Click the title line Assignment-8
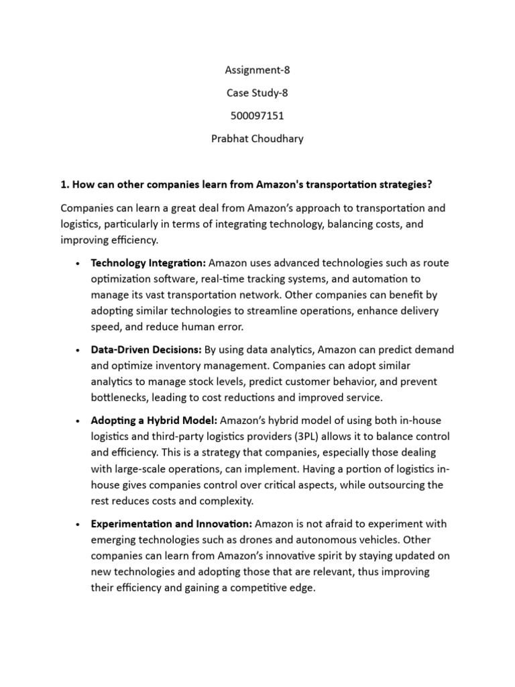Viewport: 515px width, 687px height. (x=257, y=69)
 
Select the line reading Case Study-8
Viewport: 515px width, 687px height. (x=257, y=93)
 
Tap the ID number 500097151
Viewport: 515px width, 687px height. (x=257, y=115)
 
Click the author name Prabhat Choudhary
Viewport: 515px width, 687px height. (x=257, y=139)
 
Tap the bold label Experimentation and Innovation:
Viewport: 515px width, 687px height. (x=172, y=523)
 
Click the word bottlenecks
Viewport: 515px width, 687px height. (x=120, y=397)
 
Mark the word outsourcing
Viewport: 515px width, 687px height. (x=394, y=484)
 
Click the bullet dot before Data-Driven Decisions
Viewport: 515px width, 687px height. (x=79, y=351)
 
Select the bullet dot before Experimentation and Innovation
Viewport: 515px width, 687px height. (x=79, y=524)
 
